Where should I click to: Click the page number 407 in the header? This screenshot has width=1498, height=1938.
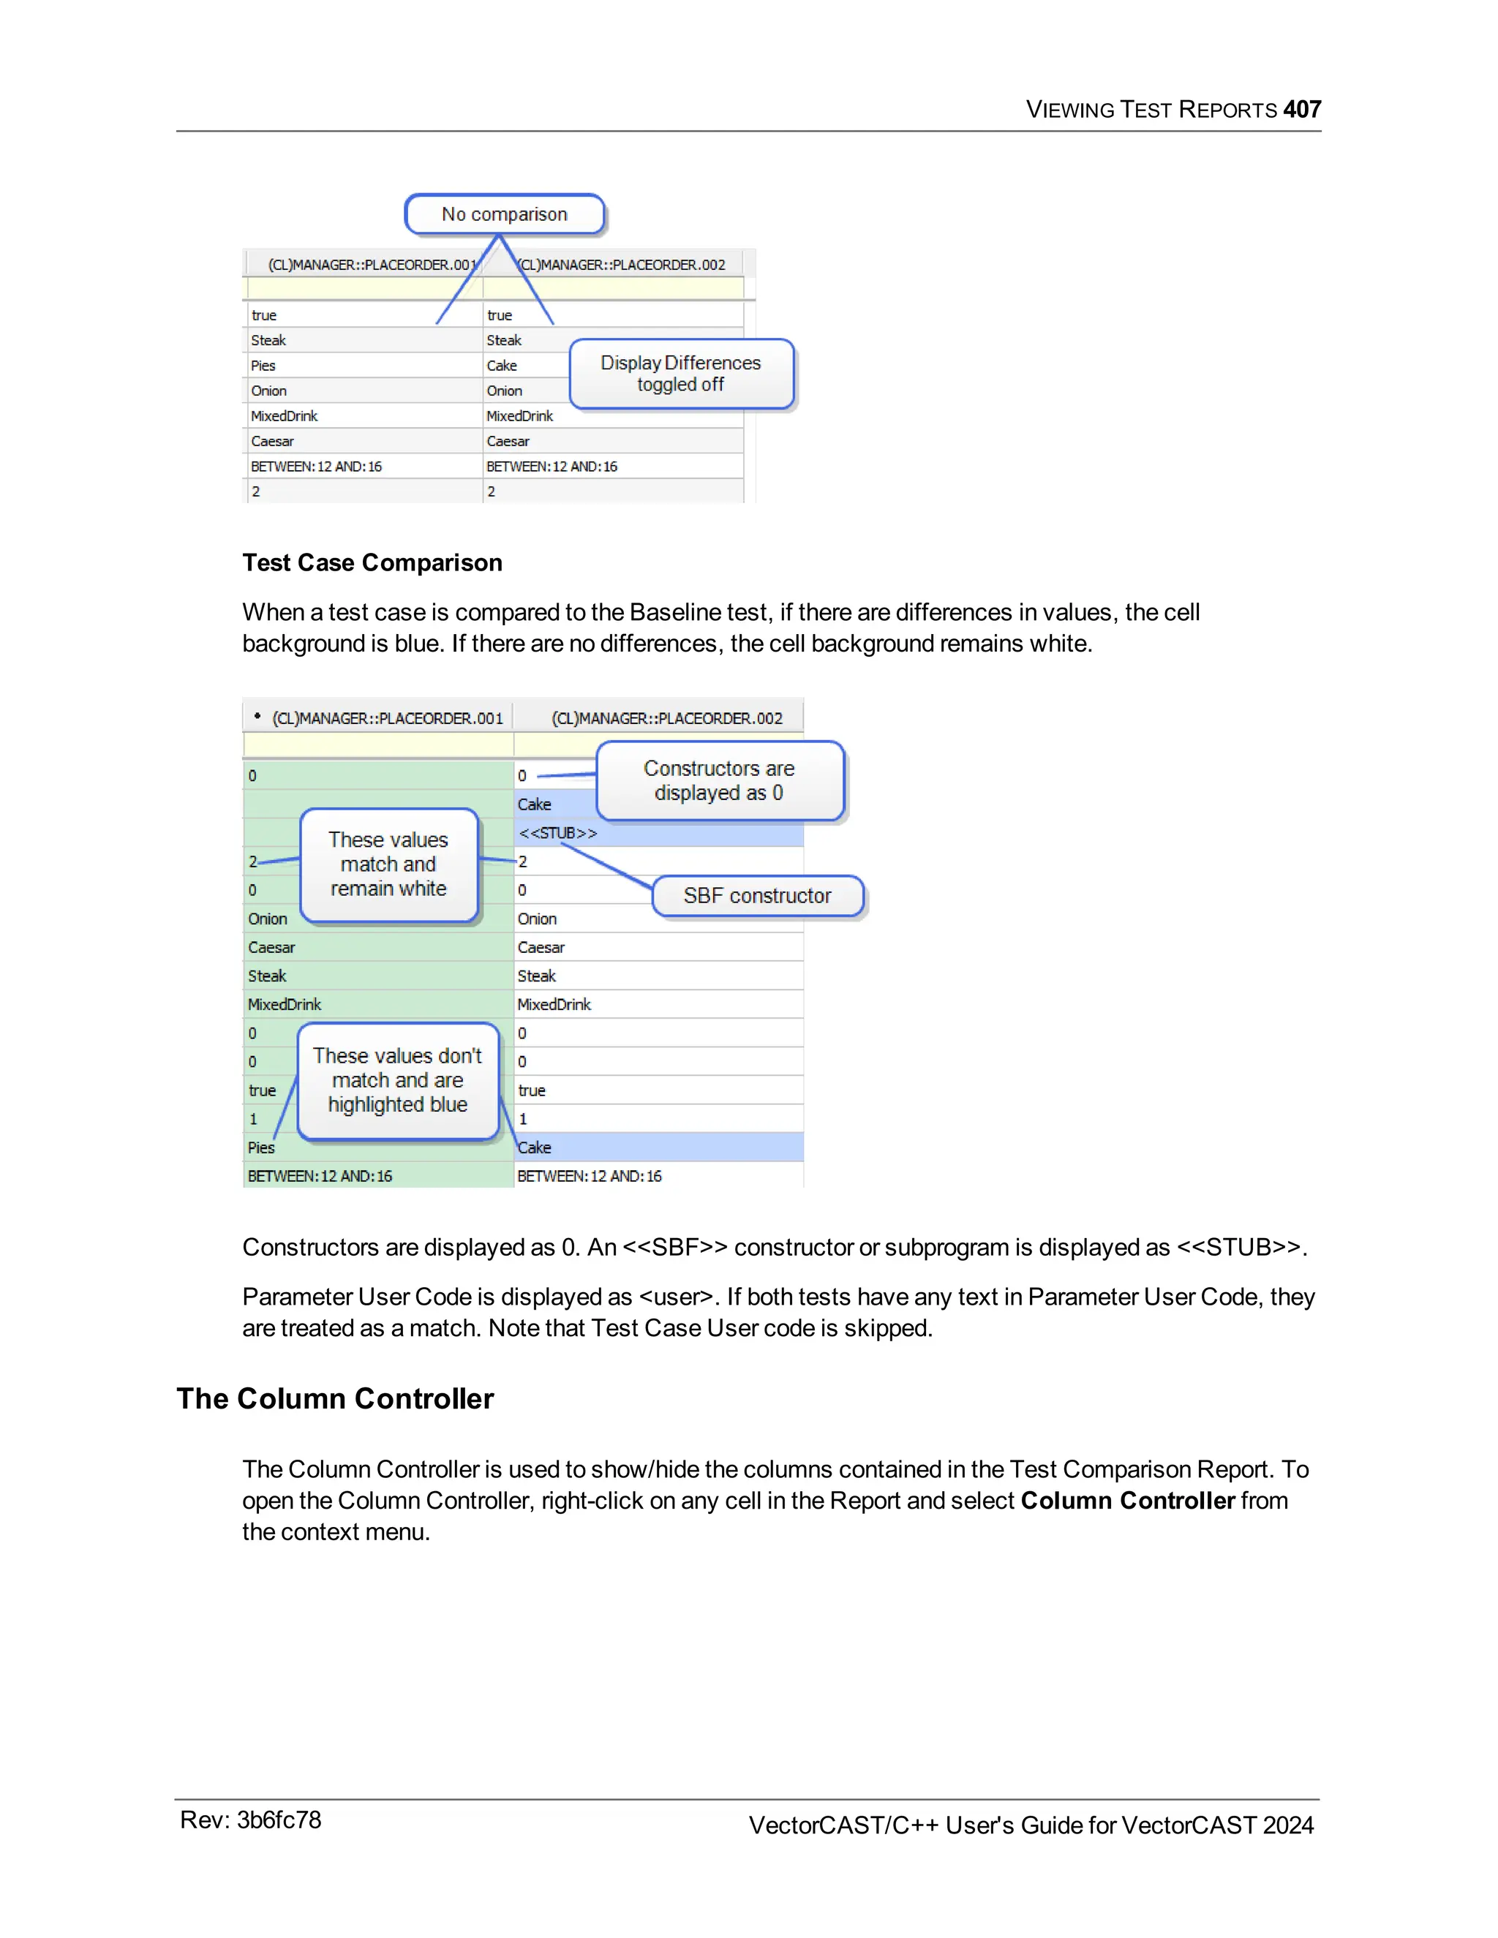pos(1301,109)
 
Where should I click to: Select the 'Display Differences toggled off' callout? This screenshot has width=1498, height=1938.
pos(681,374)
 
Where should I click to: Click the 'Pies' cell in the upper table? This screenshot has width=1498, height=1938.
pos(263,366)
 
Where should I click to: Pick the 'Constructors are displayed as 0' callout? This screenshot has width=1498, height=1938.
pos(719,781)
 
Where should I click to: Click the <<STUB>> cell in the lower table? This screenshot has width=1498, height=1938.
pos(558,833)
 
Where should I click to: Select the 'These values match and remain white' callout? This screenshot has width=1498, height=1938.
pos(388,864)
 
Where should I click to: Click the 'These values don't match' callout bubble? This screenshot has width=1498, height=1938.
pos(398,1080)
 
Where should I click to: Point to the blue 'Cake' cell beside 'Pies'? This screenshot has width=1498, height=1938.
pos(535,1147)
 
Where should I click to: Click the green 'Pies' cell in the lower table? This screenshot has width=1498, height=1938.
pos(262,1147)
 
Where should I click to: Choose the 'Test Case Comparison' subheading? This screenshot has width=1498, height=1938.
pos(372,562)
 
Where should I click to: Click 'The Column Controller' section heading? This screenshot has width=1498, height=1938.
pos(334,1398)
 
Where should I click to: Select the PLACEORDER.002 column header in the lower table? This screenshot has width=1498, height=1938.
pos(666,719)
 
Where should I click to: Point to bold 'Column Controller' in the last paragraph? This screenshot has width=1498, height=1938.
pos(1127,1501)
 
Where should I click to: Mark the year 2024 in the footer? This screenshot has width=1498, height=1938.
pos(1287,1825)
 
